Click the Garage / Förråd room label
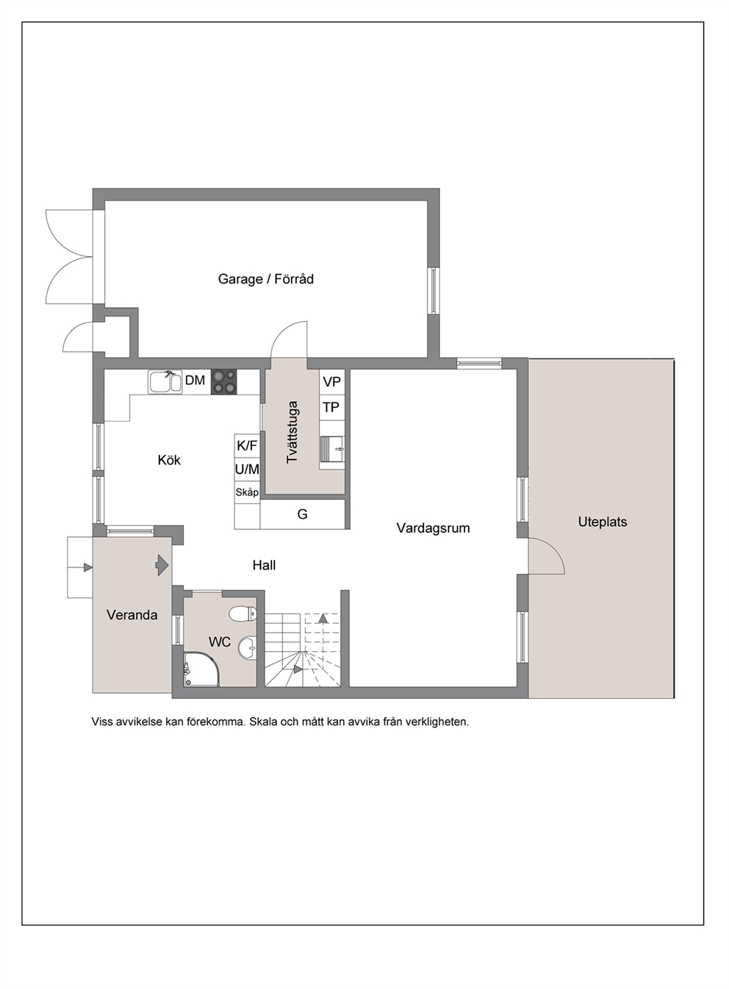pos(266,279)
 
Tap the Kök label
pos(169,460)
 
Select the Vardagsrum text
pos(433,528)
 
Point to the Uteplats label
pos(603,522)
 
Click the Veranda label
pos(132,615)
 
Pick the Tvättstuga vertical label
pos(292,432)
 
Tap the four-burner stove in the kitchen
pos(224,381)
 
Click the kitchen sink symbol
pos(165,381)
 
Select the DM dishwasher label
pos(195,380)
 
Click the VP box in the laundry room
pos(332,382)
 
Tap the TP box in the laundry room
pos(331,407)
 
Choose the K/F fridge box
pos(247,446)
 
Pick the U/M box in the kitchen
pos(247,470)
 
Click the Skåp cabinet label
pos(247,492)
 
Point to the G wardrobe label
pos(303,514)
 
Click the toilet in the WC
pos(243,613)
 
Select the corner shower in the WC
pos(201,669)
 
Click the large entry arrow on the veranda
pos(162,565)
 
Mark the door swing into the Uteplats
pos(547,556)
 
